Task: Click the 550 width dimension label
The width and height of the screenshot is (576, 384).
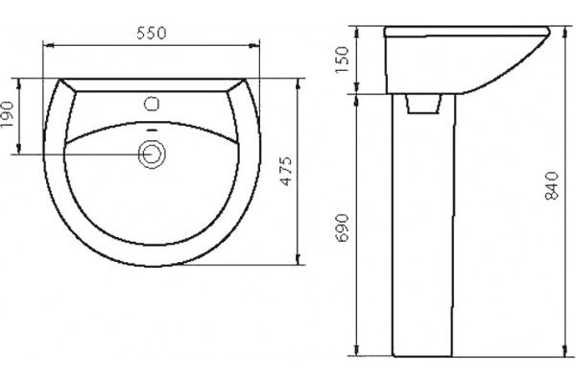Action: [152, 33]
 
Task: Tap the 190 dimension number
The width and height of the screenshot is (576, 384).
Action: [8, 114]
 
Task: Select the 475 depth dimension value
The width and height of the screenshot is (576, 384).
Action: [286, 171]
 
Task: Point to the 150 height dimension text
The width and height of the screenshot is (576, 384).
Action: [342, 60]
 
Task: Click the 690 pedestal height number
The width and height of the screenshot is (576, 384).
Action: [342, 228]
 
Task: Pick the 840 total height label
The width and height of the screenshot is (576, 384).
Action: [552, 185]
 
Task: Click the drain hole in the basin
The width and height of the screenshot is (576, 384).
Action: [152, 155]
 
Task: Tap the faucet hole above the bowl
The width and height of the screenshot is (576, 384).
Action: [152, 104]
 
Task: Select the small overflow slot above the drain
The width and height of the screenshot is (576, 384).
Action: [152, 131]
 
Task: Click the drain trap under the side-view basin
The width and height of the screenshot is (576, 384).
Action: [423, 104]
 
